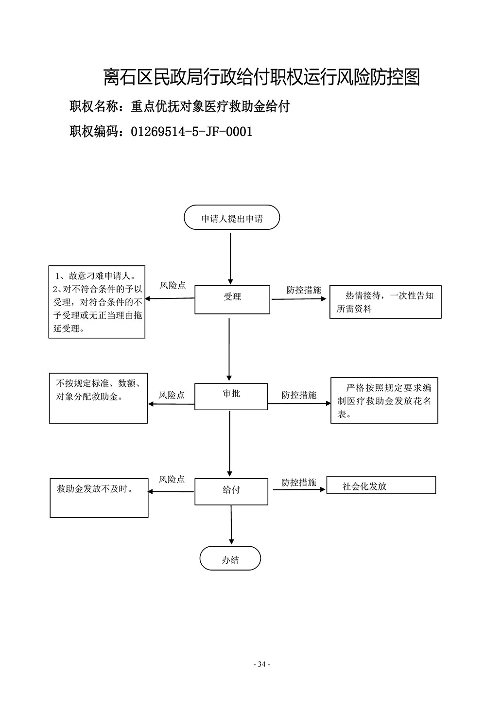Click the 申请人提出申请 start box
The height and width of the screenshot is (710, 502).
[232, 217]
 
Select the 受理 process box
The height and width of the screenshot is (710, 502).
[232, 299]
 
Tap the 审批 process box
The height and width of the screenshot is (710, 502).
[231, 397]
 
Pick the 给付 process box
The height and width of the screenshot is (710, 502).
[231, 492]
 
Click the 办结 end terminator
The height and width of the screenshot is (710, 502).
[230, 558]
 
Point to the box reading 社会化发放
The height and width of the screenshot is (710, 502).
[381, 485]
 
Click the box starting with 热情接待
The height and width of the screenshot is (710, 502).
[385, 302]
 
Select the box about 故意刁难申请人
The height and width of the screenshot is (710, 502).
[97, 302]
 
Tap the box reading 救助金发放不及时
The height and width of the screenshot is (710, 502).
[99, 498]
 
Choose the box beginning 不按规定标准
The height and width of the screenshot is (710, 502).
[98, 398]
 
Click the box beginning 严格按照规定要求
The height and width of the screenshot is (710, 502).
[384, 400]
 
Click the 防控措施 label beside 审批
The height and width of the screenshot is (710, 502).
[299, 395]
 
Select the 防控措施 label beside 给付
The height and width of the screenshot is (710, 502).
[299, 483]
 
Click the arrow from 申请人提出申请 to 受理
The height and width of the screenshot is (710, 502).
[230, 259]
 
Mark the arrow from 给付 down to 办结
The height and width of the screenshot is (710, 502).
[231, 525]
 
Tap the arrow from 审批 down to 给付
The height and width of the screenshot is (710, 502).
[230, 443]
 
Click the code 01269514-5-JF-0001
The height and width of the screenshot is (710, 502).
[191, 132]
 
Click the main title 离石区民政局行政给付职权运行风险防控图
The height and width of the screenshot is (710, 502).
[262, 77]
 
